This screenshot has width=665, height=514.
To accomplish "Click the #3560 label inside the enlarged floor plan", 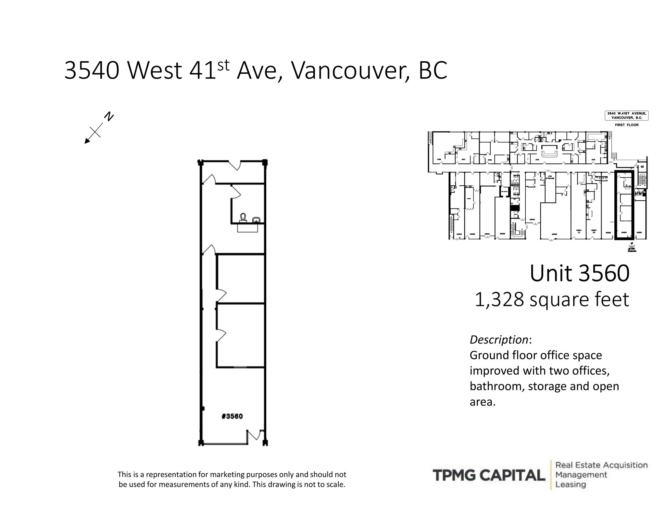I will pos(232,416).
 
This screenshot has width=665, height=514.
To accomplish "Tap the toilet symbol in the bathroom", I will pos(243,217).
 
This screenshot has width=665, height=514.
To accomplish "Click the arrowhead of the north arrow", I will pos(87,141).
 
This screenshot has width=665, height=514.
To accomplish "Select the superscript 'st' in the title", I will pos(223,65).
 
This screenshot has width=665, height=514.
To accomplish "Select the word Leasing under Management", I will pos(571,485).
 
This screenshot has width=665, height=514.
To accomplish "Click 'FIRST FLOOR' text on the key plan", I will pos(626,125).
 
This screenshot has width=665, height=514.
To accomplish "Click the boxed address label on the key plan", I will pos(626,116).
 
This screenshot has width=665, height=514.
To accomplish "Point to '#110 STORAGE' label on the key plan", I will pos(550,177).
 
